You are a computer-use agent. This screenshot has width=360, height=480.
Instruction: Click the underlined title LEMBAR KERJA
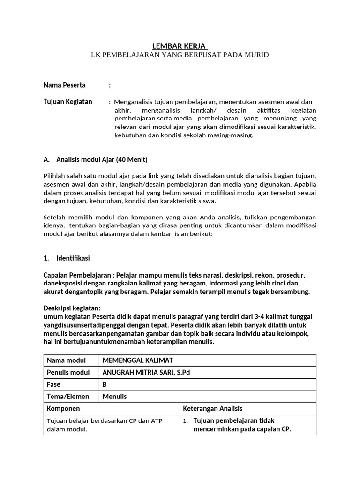coord(180,46)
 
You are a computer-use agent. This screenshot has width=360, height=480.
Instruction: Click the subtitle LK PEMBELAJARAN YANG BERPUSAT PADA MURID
coord(180,55)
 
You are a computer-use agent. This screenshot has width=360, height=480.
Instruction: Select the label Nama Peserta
coord(65,85)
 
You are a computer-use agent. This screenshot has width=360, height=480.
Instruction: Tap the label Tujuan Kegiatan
coord(68,102)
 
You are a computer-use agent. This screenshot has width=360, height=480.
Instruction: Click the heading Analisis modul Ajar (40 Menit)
coord(102,160)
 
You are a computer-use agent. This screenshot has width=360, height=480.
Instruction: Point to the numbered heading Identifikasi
coord(73,258)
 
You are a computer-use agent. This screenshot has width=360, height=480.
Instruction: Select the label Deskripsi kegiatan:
coord(72,308)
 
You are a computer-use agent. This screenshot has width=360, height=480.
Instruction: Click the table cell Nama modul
coord(66,360)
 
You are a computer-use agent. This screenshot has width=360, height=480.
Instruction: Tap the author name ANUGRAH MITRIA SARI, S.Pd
coord(147,373)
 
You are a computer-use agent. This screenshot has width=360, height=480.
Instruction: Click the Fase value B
coord(105,384)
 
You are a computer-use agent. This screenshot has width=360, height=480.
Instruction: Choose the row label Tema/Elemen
coord(68,397)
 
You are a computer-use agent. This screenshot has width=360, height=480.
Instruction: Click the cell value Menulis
coord(114,397)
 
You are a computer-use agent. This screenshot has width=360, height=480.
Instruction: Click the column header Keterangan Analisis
coord(212,409)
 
